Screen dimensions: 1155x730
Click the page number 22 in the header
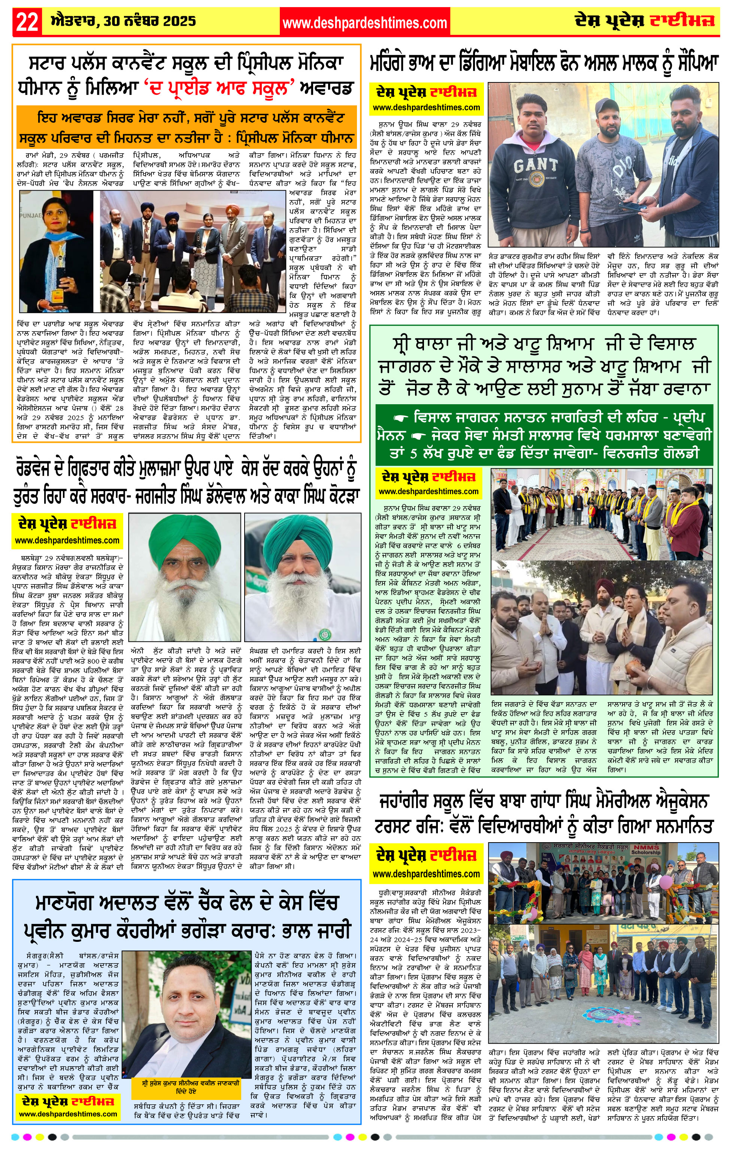coord(27,22)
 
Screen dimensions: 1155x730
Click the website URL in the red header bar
coord(364,22)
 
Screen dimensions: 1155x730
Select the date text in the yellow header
coord(123,21)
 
